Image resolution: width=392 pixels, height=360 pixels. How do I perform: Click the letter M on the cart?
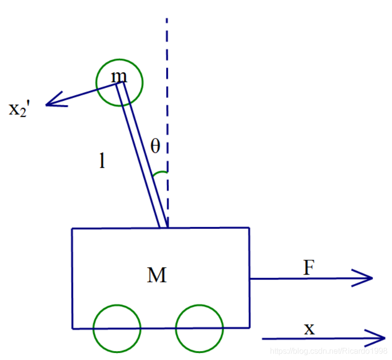coord(157,275)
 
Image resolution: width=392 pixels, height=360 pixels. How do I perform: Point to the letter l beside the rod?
coord(102,161)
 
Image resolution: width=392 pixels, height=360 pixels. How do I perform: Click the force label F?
coord(309,268)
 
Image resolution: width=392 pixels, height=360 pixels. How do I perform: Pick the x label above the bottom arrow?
coord(309,328)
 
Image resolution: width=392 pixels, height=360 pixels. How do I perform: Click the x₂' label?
coord(20,109)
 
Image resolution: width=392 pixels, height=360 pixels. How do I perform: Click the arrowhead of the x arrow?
coord(380,338)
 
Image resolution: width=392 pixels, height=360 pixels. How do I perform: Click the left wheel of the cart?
coord(117,328)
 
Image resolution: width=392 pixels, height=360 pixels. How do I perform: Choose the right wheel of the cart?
coord(199,328)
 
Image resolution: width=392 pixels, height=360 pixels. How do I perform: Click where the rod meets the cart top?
coord(163,227)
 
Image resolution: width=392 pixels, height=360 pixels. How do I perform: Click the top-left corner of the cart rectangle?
coord(72,228)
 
